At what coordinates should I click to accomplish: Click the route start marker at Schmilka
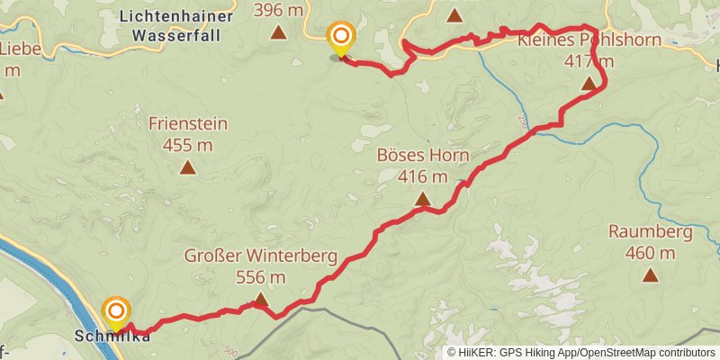[x=116, y=312]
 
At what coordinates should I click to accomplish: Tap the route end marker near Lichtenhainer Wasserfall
[x=341, y=38]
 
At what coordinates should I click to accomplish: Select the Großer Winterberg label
[x=261, y=256]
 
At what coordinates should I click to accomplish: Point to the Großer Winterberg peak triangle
[x=261, y=300]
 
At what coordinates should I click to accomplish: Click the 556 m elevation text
[x=261, y=277]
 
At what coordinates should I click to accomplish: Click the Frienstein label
[x=188, y=124]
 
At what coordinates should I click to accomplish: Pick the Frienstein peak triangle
[x=187, y=166]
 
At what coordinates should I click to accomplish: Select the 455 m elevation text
[x=188, y=145]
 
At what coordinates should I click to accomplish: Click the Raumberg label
[x=650, y=232]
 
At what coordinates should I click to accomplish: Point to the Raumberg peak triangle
[x=650, y=274]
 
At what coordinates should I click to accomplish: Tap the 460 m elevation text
[x=650, y=253]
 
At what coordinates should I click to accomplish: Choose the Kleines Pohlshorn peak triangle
[x=589, y=84]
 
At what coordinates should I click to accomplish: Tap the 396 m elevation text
[x=279, y=11]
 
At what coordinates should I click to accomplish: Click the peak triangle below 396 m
[x=279, y=33]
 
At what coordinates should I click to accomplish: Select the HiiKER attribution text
[x=580, y=353]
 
